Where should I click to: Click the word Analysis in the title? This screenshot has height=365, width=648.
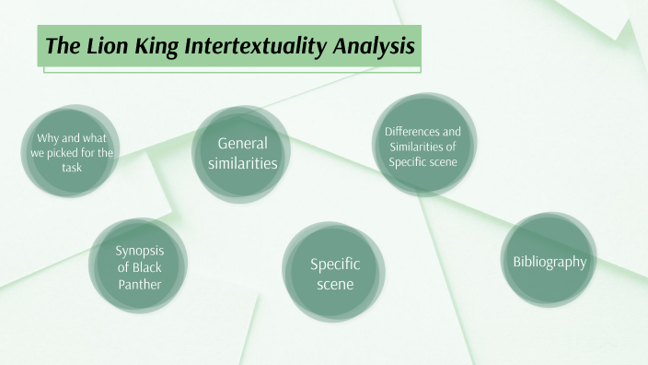pos(372,46)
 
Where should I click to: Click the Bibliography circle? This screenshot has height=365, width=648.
pos(550,262)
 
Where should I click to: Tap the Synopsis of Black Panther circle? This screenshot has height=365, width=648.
pos(139,267)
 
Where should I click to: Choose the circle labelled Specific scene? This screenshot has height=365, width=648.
pos(335,274)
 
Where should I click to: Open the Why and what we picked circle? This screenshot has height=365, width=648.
pos(72,153)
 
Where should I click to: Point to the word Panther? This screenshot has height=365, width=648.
pos(139,284)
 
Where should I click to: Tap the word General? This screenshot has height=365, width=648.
pos(242,143)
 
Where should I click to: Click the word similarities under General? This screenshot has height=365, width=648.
pos(242,163)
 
